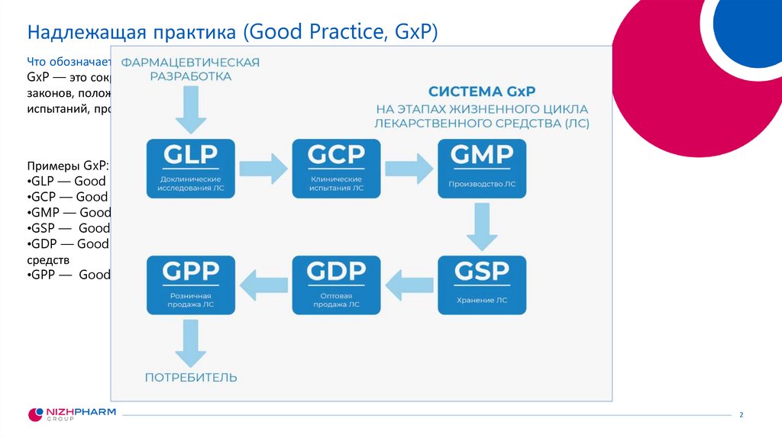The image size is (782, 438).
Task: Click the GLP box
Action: click(x=191, y=168)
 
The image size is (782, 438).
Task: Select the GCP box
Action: click(x=336, y=168)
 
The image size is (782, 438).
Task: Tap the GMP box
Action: click(x=482, y=168)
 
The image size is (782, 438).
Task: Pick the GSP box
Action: click(x=482, y=285)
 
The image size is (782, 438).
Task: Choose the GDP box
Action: click(x=336, y=285)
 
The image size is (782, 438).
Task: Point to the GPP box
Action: click(x=191, y=285)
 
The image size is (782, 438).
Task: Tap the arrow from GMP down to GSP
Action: click(x=482, y=226)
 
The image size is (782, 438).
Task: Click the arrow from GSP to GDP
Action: click(x=409, y=285)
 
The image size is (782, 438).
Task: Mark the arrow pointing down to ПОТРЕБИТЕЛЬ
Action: click(x=190, y=343)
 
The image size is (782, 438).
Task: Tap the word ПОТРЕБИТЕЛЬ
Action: click(x=191, y=378)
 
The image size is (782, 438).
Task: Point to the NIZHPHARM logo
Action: click(x=72, y=414)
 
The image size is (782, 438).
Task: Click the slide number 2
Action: click(x=741, y=414)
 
